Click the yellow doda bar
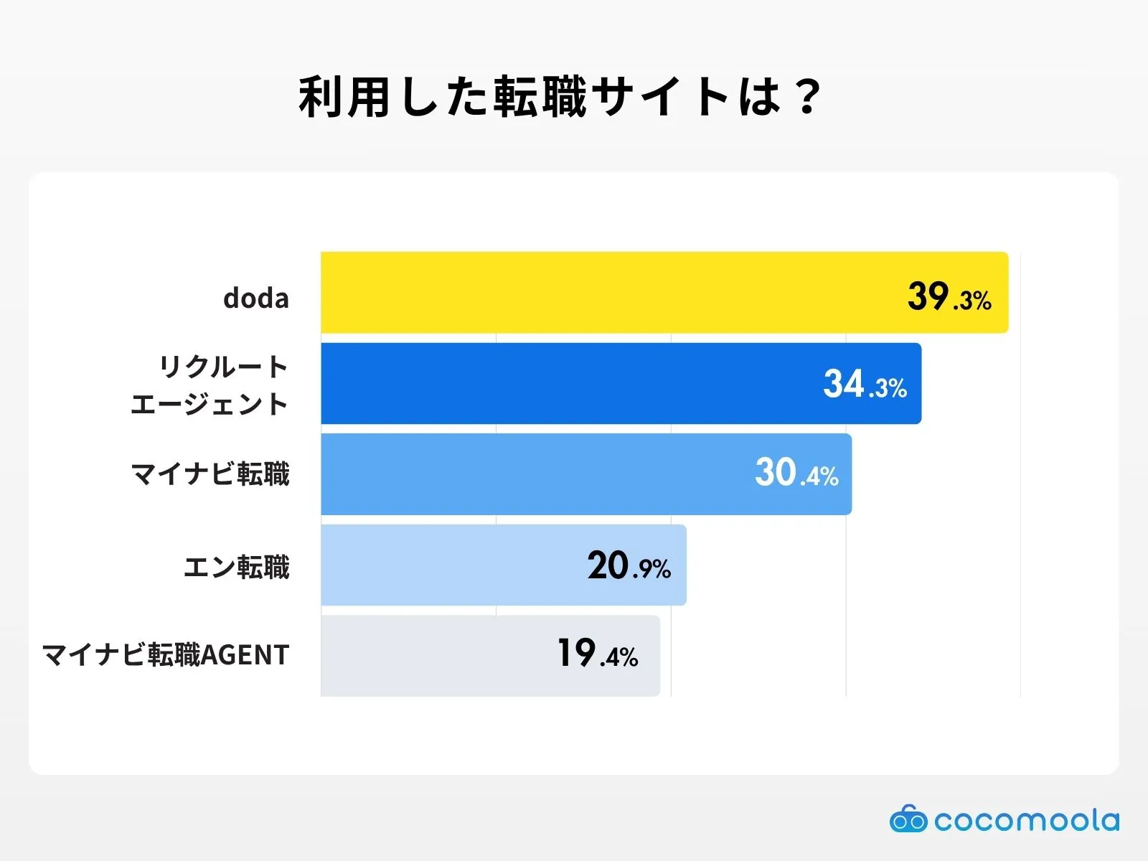point(610,292)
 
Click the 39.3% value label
point(949,296)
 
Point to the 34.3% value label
point(865,385)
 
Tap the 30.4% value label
point(796,474)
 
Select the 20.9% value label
point(629,566)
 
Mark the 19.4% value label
point(598,654)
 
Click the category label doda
point(255,298)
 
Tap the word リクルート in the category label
point(223,367)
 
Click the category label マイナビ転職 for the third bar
point(210,474)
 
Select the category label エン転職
point(237,567)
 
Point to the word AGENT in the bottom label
point(245,655)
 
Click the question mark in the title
point(808,97)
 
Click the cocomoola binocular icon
point(908,819)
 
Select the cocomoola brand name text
point(1026,820)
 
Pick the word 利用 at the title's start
point(345,97)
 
